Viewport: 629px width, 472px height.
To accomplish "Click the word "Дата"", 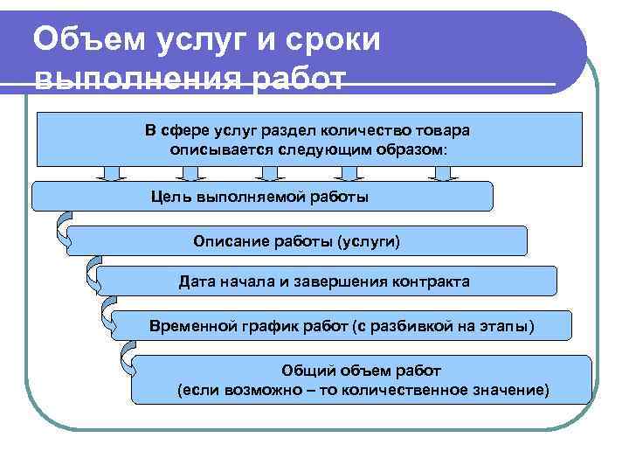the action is click(198, 281).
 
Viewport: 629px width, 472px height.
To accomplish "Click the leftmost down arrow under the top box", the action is click(111, 173).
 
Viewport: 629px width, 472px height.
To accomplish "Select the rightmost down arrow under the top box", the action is click(443, 173).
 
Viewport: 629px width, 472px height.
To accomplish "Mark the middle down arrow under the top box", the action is click(277, 173).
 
